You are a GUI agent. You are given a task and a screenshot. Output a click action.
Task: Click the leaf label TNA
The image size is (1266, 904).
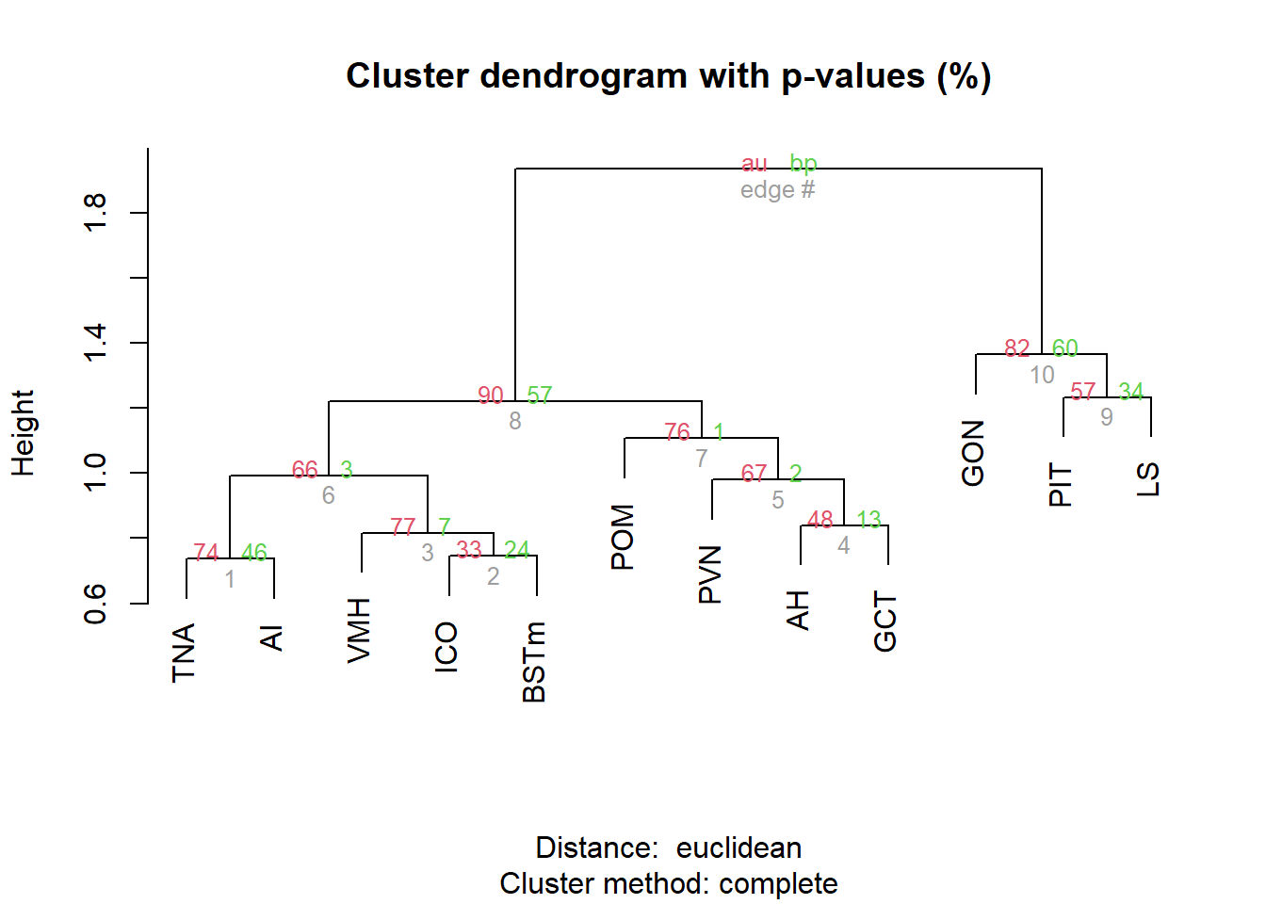point(184,654)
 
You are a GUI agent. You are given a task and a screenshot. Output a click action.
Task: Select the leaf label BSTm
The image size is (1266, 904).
point(534,662)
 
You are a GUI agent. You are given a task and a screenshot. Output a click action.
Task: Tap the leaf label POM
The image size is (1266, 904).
point(623,537)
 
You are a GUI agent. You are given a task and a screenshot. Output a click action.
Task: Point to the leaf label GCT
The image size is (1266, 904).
point(885,621)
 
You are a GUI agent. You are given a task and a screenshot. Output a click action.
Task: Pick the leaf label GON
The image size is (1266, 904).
point(973,453)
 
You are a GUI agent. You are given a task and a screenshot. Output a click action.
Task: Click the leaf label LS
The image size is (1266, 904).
point(1148,479)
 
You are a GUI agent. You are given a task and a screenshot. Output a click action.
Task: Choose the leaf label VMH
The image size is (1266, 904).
point(359,631)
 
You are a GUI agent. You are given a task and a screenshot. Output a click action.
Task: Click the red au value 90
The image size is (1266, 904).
point(490,395)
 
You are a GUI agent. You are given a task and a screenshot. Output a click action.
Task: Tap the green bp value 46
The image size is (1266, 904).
point(254,553)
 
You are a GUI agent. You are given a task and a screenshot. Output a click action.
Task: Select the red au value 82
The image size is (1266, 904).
point(1016,348)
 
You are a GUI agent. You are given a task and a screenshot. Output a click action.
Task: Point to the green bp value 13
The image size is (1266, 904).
point(868,520)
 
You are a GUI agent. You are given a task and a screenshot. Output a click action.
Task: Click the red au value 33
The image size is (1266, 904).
point(469,550)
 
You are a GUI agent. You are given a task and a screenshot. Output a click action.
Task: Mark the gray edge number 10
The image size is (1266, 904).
point(1042,375)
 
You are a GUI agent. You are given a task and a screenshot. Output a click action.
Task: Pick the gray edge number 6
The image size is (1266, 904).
point(329,495)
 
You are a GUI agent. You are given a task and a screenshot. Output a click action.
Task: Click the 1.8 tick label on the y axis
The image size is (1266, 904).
point(95,213)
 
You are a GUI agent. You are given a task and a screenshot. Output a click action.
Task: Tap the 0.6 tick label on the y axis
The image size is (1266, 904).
point(95,604)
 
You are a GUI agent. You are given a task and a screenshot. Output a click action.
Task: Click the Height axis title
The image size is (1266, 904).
point(24,433)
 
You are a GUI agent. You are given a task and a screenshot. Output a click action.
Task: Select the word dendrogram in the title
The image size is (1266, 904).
point(583,76)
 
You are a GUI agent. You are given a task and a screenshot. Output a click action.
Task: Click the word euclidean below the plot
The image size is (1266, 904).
point(738,847)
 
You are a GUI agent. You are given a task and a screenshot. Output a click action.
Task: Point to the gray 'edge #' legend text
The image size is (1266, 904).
point(778,190)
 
